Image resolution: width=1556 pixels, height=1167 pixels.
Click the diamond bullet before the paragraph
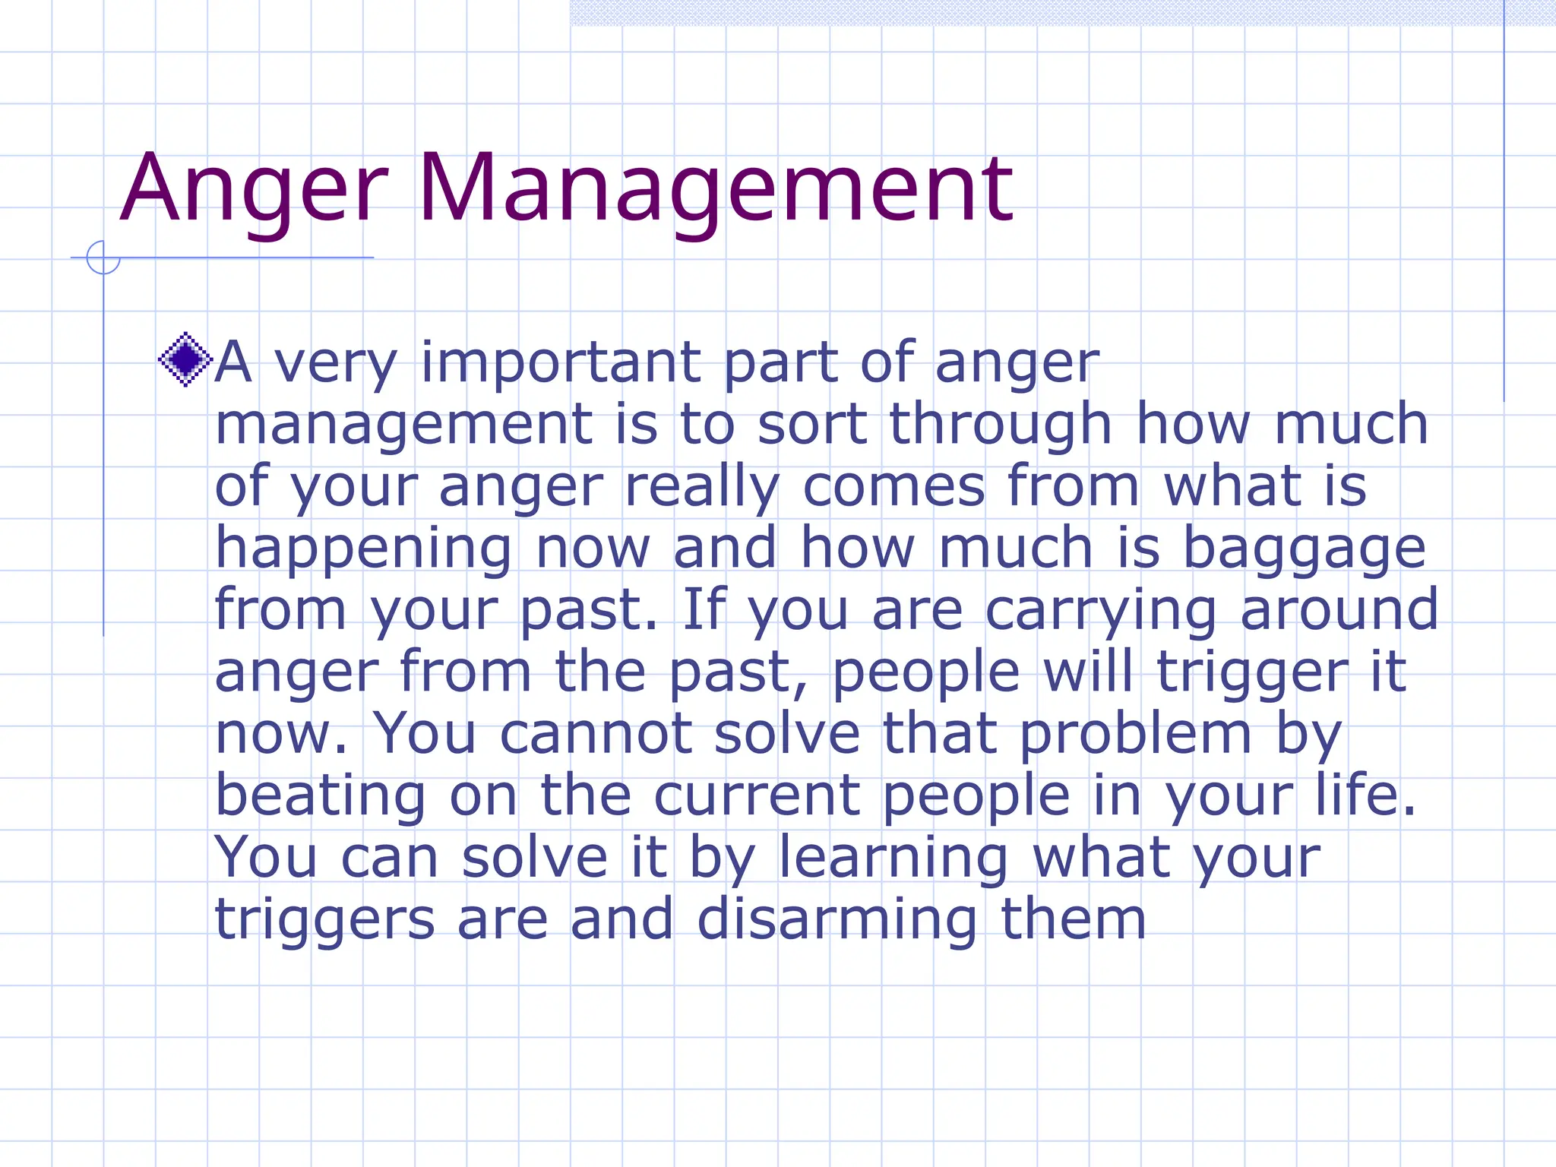click(185, 359)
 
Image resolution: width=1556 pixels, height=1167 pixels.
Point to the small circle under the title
click(103, 258)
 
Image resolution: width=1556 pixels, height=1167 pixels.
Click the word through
click(1001, 425)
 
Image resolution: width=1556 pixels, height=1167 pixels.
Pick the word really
click(702, 487)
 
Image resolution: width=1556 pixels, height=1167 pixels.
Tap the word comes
click(894, 487)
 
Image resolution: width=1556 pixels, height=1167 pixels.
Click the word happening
click(364, 549)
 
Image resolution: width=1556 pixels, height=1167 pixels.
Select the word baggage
click(1305, 549)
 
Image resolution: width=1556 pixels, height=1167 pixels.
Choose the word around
click(1339, 610)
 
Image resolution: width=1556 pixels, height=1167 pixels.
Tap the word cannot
click(596, 735)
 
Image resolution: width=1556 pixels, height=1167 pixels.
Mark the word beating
click(321, 797)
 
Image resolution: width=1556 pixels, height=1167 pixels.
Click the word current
click(757, 797)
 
